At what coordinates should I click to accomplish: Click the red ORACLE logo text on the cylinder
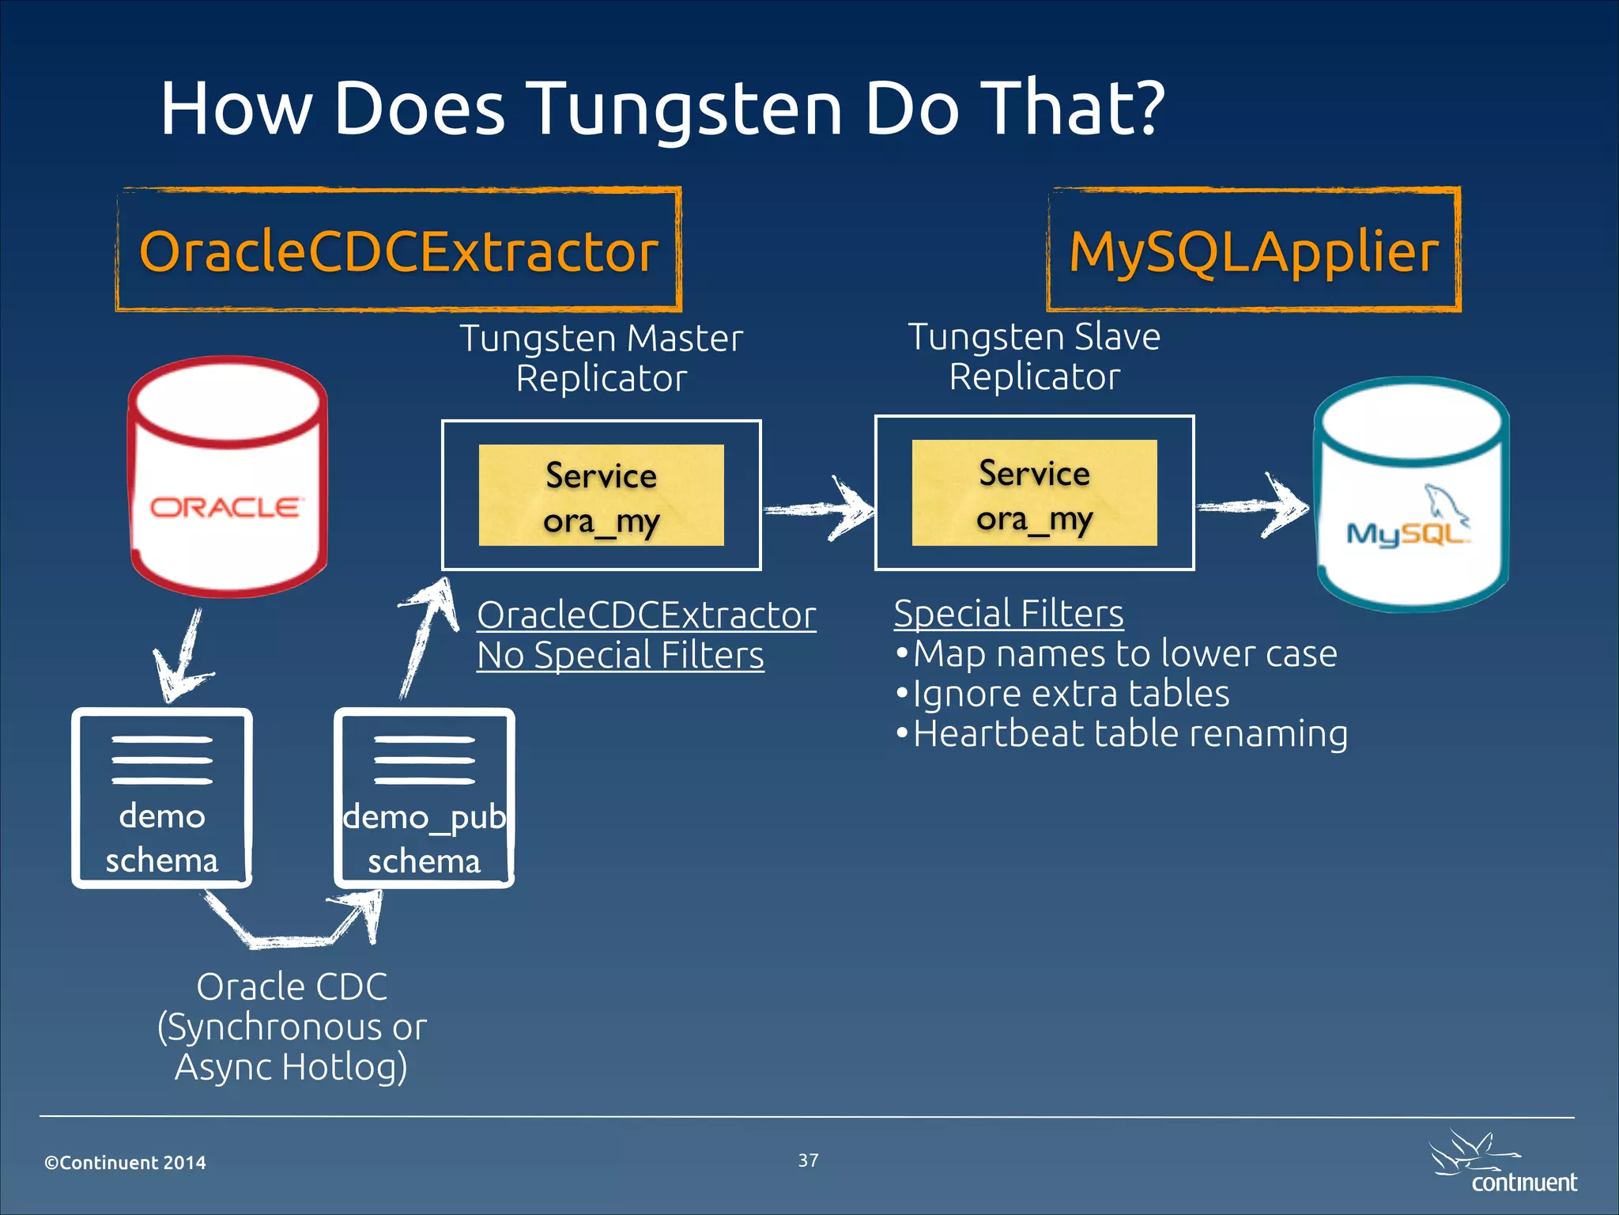225,507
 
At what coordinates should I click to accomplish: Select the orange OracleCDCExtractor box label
398,252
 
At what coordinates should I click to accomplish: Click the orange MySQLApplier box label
1254,252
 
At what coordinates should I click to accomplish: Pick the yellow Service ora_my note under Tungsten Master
601,496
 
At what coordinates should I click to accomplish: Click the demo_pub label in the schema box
425,817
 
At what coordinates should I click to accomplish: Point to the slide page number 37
808,1160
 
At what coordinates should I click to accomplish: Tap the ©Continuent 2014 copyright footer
125,1163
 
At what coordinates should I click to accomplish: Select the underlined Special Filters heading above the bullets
1009,614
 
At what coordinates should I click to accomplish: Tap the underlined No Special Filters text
621,656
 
